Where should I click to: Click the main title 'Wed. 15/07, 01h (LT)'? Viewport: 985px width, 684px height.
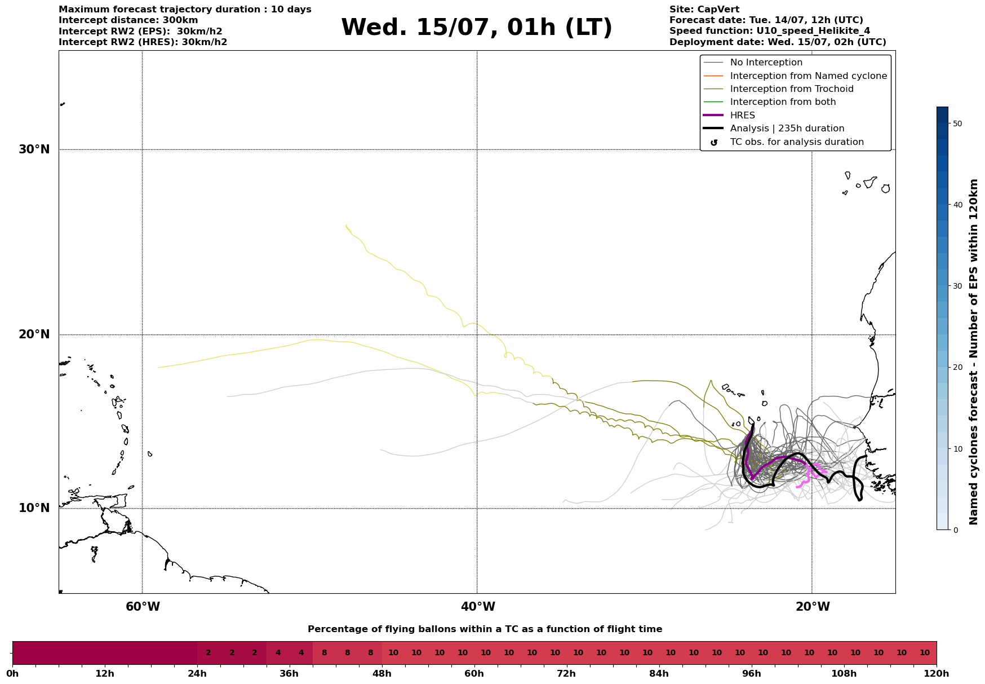click(476, 28)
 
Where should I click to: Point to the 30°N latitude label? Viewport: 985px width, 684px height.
click(34, 149)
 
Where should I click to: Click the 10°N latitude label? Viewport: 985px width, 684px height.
click(34, 508)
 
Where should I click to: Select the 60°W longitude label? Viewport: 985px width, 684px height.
click(143, 607)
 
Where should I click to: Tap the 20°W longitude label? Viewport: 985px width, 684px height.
click(813, 607)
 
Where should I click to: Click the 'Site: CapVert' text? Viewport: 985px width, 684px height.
click(704, 10)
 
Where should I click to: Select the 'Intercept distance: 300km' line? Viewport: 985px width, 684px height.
click(128, 20)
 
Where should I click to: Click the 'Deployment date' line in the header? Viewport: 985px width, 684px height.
click(778, 42)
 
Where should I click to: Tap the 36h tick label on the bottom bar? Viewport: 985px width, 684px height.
click(289, 674)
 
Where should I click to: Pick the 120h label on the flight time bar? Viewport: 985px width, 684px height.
click(937, 674)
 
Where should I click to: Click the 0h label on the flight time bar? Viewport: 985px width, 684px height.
click(12, 674)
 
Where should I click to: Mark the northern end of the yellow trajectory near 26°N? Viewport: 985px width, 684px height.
click(346, 224)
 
